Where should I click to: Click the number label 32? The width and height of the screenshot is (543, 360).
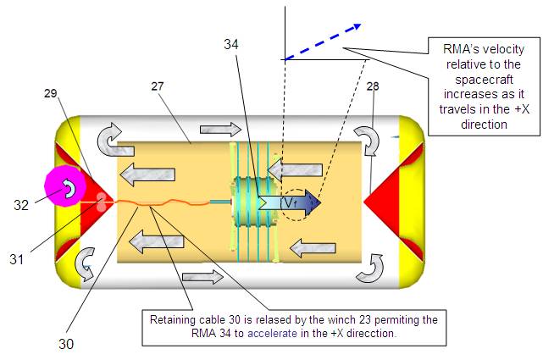(x=23, y=204)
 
